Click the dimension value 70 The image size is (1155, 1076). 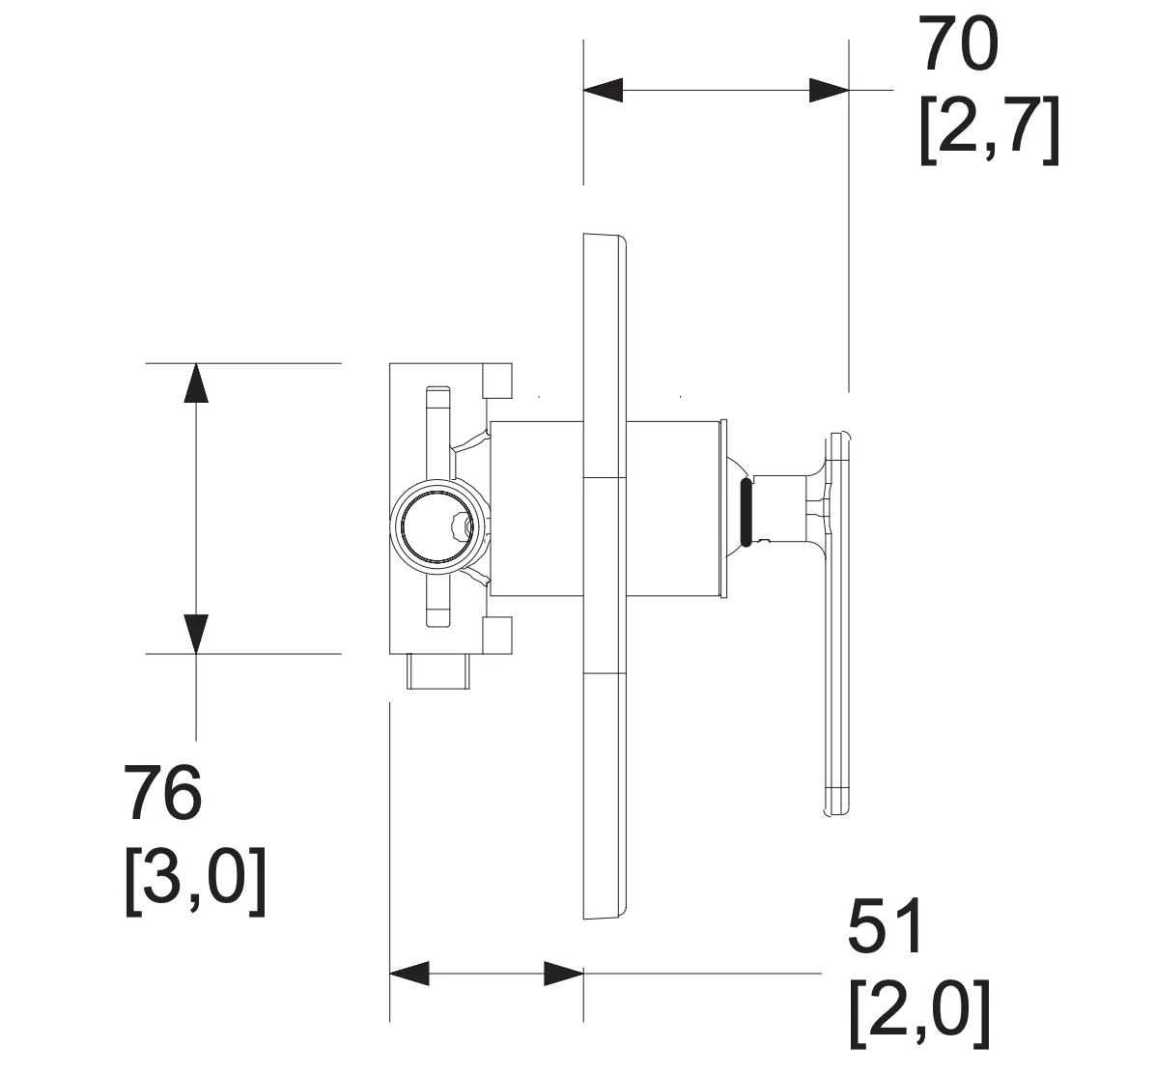[x=960, y=44]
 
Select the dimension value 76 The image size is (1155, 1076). [x=162, y=793]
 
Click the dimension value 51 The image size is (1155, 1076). [x=887, y=925]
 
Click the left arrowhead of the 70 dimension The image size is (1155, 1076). [x=604, y=90]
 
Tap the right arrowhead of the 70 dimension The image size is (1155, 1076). [x=829, y=90]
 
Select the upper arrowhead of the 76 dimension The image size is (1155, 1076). [x=196, y=382]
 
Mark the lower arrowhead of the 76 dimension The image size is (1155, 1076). [x=196, y=634]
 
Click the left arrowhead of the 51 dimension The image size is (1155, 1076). [x=408, y=974]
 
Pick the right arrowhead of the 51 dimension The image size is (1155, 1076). [x=564, y=974]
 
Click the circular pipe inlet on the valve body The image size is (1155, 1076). [x=438, y=524]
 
